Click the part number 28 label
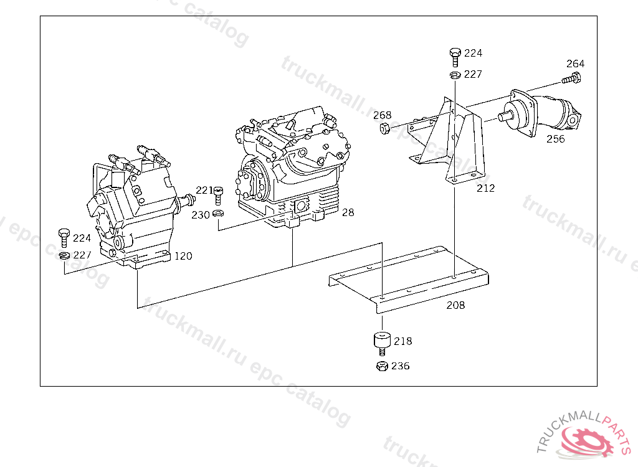point(348,212)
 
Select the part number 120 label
point(183,256)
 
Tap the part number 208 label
point(455,305)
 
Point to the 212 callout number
point(486,188)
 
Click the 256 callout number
point(555,139)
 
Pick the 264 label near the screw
point(575,64)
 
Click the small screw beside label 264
point(571,78)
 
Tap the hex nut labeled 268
point(385,129)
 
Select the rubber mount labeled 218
point(382,344)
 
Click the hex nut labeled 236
point(382,366)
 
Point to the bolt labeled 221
point(219,196)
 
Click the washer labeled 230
point(219,213)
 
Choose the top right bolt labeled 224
point(455,57)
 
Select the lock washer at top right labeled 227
point(455,75)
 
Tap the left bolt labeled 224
point(64,238)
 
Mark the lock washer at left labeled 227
point(64,255)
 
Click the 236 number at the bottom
point(401,366)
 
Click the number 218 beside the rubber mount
point(403,341)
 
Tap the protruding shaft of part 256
point(505,116)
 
